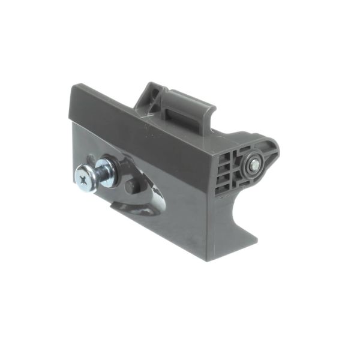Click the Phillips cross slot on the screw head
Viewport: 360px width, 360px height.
coord(83,176)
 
